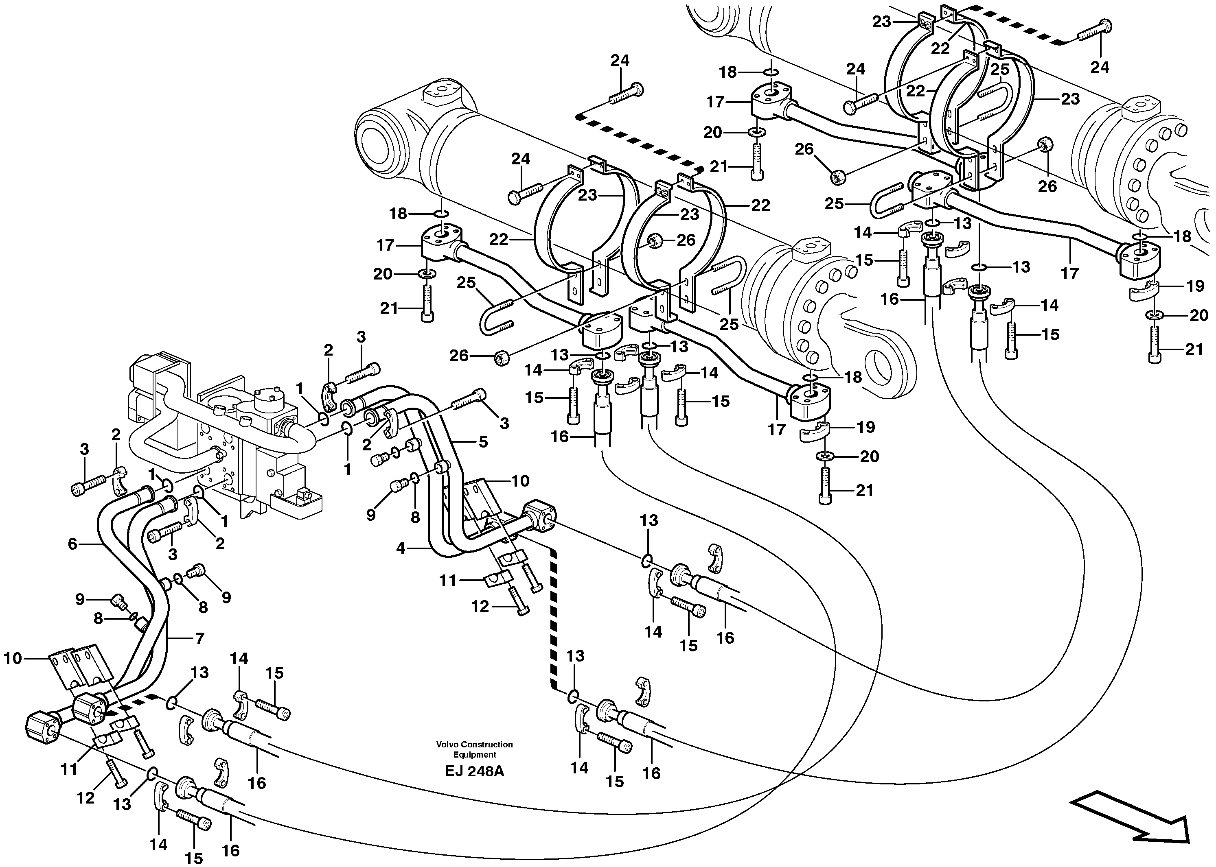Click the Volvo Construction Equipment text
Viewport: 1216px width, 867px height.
click(474, 749)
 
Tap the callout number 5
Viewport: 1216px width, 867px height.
click(483, 442)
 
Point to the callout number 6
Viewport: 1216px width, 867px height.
click(72, 544)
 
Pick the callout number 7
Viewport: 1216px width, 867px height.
click(199, 638)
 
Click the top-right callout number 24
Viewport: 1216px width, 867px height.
click(1100, 67)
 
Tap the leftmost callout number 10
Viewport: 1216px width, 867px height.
click(13, 658)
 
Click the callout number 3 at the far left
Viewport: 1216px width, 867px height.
click(84, 450)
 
